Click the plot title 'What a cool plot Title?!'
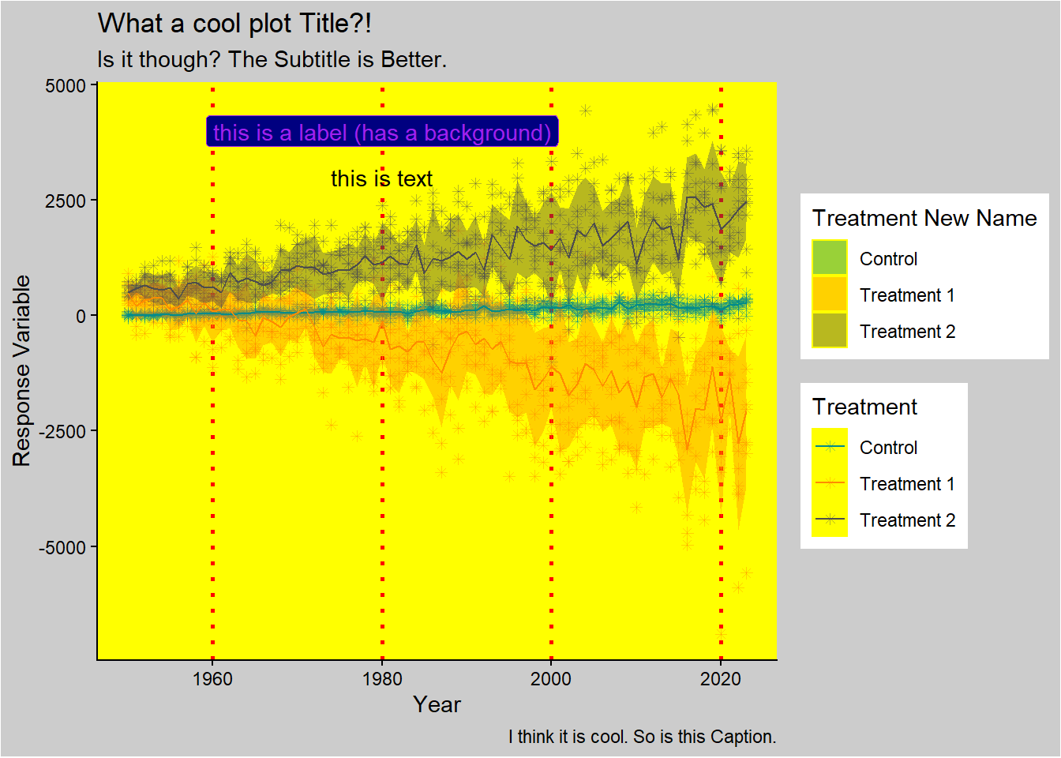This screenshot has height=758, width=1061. (x=234, y=24)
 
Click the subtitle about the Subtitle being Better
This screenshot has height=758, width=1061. (x=272, y=60)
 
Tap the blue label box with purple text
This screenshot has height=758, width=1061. (x=382, y=132)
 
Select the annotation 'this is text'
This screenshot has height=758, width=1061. (x=381, y=179)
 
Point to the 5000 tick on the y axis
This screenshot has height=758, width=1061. (x=66, y=85)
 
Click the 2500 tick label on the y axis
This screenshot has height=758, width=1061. (x=66, y=201)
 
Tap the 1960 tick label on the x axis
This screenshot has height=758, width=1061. (x=212, y=679)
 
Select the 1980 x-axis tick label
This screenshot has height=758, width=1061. (x=382, y=679)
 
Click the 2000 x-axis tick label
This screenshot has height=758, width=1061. (x=551, y=679)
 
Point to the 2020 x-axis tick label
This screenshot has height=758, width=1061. (x=721, y=679)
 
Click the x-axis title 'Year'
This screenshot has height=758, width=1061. (x=437, y=704)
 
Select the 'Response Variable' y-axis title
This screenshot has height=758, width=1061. (x=21, y=371)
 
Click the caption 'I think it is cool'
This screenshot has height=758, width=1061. (x=642, y=737)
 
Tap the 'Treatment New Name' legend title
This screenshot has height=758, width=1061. (x=924, y=218)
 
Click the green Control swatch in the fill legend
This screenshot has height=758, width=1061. (x=829, y=258)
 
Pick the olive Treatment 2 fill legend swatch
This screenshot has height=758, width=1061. (x=829, y=331)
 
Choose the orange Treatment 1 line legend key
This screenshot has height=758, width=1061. (x=829, y=483)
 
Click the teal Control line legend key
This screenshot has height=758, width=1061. (x=829, y=447)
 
